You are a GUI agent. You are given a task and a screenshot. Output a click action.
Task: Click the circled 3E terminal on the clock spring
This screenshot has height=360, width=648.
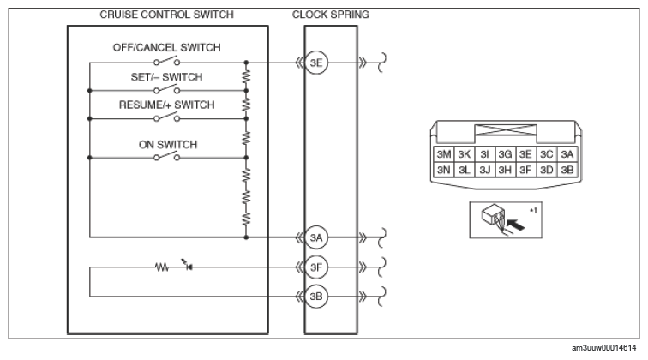click(x=316, y=63)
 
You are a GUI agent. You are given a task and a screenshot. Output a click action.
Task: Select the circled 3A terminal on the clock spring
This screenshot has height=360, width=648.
click(x=316, y=237)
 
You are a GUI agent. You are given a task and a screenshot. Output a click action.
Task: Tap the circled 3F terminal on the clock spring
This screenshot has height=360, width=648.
click(x=316, y=267)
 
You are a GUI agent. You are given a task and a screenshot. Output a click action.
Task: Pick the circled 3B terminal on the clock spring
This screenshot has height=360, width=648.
click(x=316, y=297)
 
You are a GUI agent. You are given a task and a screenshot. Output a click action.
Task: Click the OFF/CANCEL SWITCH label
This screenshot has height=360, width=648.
click(x=166, y=47)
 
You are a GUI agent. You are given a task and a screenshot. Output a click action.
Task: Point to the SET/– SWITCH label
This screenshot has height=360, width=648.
click(x=166, y=77)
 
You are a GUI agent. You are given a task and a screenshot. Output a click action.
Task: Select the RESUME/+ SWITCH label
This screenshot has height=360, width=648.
click(x=166, y=105)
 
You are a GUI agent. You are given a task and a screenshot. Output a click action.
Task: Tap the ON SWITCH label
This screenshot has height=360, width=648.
click(x=168, y=145)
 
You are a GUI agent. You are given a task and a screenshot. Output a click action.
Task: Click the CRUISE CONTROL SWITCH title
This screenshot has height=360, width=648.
click(x=166, y=15)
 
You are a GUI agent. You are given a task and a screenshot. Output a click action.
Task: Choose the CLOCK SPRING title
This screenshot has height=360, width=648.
click(x=331, y=15)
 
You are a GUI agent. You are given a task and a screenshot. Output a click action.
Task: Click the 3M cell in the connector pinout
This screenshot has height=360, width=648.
click(x=444, y=154)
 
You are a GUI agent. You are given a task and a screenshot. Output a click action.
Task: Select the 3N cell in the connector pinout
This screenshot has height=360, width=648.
click(x=444, y=170)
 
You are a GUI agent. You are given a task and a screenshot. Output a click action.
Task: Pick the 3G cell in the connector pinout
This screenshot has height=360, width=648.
click(x=505, y=154)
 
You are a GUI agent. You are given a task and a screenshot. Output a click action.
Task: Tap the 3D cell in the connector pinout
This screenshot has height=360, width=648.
click(x=546, y=170)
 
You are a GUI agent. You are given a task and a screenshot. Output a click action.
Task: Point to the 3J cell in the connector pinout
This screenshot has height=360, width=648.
click(x=485, y=170)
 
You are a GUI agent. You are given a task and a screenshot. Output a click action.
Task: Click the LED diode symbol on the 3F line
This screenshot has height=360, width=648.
click(x=188, y=266)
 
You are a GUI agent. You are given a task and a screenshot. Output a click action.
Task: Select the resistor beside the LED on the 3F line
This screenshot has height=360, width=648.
click(x=162, y=267)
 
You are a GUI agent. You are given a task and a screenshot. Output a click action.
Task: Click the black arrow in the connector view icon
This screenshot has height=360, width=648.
click(x=515, y=225)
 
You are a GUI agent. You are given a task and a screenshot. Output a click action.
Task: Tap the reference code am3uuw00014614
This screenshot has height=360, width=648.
click(x=603, y=348)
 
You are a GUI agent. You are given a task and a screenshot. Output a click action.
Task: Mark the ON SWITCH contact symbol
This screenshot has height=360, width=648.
click(x=167, y=156)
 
